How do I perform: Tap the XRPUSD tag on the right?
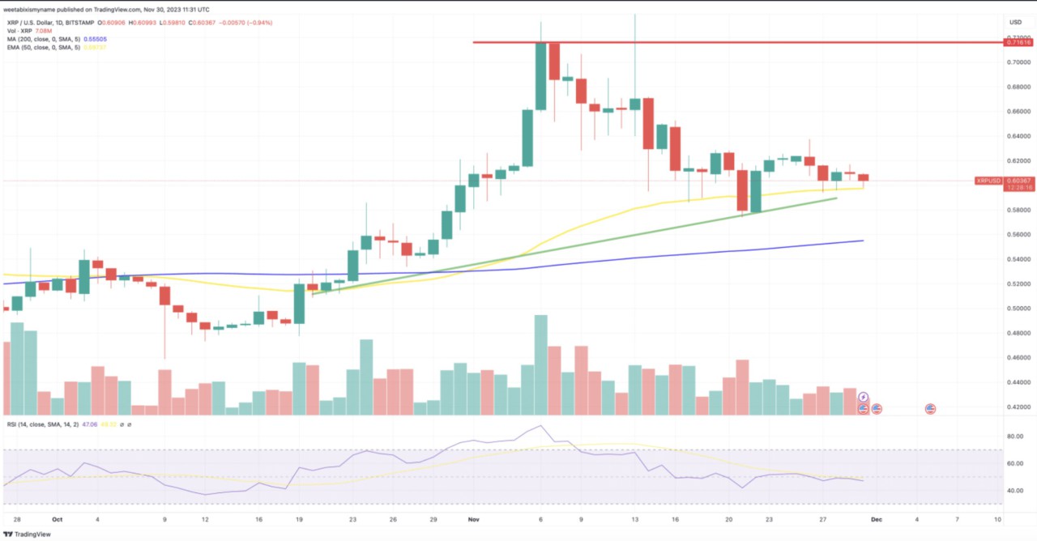pos(988,181)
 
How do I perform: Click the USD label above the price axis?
pos(1016,23)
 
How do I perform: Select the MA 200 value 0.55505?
pos(95,39)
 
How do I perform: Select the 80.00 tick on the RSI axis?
pos(1013,437)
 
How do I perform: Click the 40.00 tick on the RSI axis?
pos(1013,491)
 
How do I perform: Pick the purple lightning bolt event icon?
pos(864,397)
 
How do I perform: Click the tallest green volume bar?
pos(540,364)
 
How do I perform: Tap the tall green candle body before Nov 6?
pos(527,138)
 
